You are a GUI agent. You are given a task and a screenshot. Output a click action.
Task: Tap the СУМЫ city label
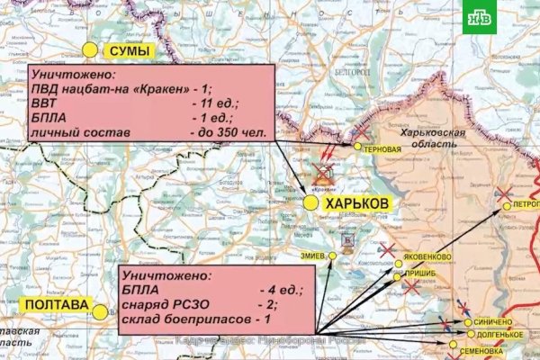click(127, 51)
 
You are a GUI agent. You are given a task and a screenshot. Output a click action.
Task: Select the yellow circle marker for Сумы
click(90, 50)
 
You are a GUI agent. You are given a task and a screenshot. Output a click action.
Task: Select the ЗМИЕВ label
click(315, 256)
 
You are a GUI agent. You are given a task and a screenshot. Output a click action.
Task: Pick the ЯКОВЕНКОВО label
click(428, 255)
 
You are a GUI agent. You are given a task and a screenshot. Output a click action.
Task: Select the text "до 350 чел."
click(229, 132)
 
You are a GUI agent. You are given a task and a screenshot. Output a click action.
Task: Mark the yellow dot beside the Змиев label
click(332, 256)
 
